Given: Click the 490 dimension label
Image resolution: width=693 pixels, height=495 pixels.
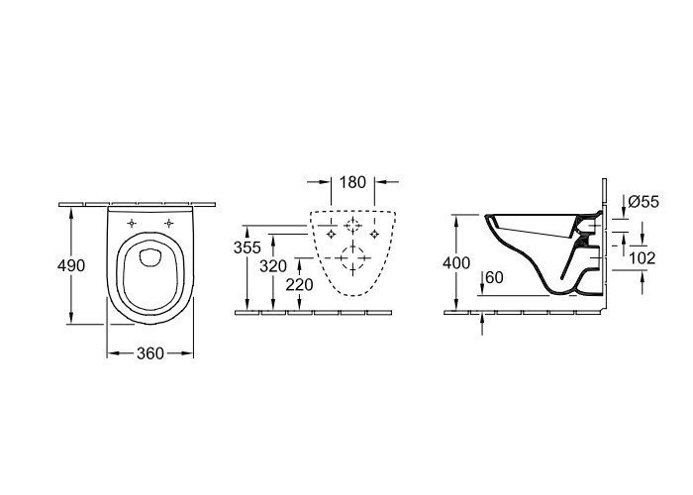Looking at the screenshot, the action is point(71,265).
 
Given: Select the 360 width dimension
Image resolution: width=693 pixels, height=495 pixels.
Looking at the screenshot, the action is point(150,353).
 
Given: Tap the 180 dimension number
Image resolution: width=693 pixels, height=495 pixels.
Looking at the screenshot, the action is point(352,182).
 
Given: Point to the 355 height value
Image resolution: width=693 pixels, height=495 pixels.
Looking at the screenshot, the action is point(247,247).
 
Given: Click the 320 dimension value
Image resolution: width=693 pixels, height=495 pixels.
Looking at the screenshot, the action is point(273,266).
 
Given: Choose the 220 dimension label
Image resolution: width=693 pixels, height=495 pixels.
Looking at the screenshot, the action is point(299,285).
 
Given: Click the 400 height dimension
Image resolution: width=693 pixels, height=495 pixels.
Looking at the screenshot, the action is point(456,263).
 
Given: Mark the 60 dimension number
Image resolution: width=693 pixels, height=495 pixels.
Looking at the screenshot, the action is point(495,278).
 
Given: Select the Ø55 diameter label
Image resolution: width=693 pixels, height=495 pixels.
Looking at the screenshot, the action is point(643,202).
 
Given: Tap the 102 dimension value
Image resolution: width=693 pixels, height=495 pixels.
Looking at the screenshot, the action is point(643,258).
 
